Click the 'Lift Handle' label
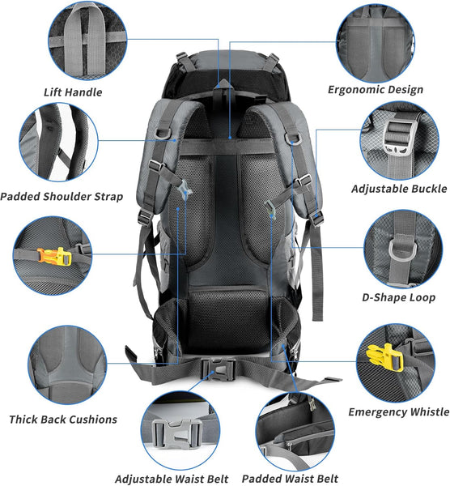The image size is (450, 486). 73,92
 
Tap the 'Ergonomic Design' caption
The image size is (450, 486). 376,90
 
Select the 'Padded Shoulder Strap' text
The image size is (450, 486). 62,197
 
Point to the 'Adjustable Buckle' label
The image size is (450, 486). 399,189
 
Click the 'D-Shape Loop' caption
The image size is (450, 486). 398,297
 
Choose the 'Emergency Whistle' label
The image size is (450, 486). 399,412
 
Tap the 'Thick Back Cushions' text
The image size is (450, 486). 63,420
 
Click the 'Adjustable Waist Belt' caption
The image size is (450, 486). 172,479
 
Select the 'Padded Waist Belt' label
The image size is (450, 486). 290,478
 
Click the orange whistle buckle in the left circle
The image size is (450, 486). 54,256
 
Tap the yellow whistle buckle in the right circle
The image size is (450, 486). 385,357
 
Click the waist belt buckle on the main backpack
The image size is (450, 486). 218,369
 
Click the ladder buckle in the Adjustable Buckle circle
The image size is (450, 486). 398,136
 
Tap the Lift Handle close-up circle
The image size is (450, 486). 87,40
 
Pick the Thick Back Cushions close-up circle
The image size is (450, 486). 67,364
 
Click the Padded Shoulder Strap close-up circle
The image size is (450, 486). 58,143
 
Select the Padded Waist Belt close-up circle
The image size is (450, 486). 295,432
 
